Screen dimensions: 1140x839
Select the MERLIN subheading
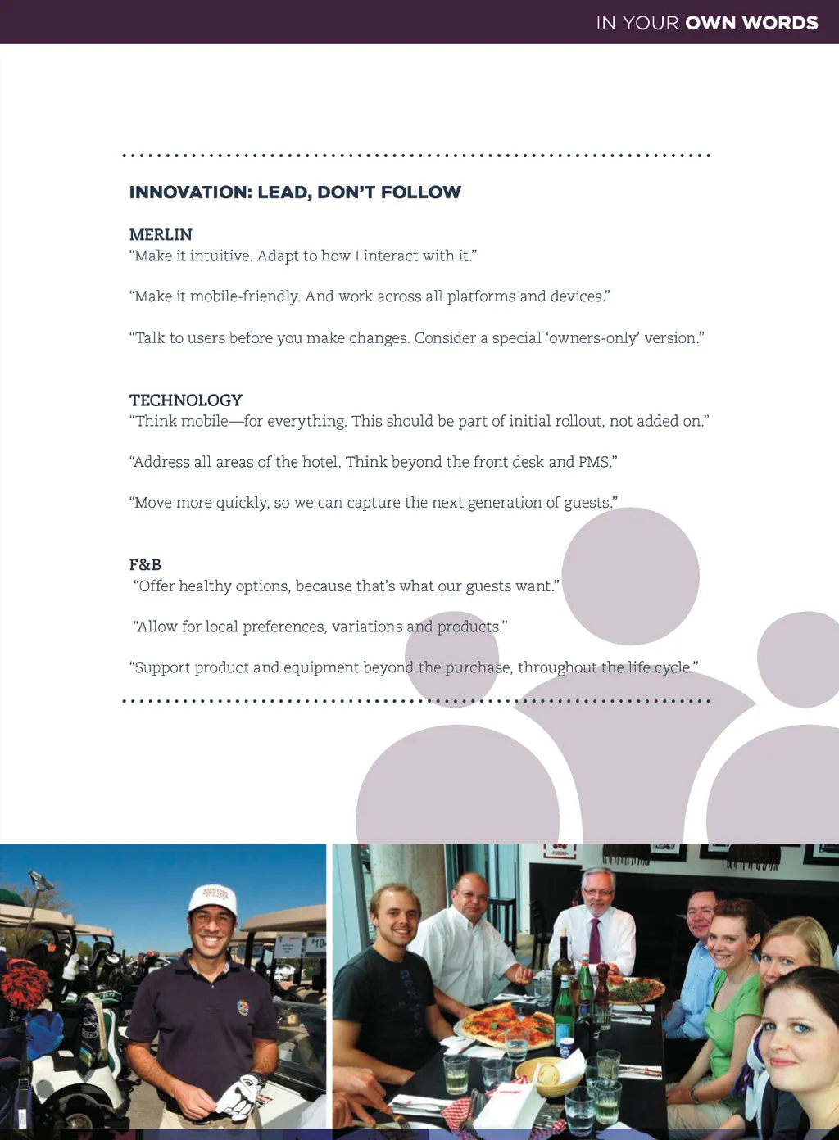pos(161,235)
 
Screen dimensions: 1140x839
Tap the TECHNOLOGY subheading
pos(186,400)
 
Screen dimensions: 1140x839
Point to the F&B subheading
pos(145,564)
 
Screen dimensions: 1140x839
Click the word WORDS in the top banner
pos(780,23)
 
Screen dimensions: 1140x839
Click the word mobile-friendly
pos(245,296)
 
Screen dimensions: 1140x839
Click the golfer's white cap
pos(212,898)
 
